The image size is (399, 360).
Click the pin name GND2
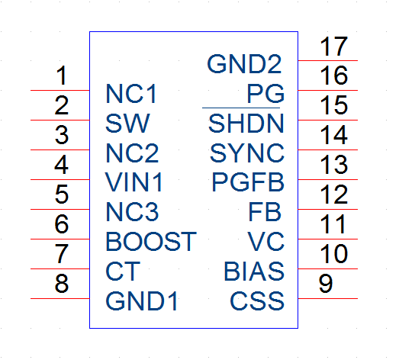pos(244,64)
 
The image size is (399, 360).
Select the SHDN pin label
pos(246,124)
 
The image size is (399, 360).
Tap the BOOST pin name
pos(151,242)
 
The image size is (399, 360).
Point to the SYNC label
pos(247,153)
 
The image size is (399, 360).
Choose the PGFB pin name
pos(248,182)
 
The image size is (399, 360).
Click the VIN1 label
pos(134,182)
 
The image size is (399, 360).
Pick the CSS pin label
pos(257,301)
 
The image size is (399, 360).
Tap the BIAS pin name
pos(254,272)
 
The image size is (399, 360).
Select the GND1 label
pos(141,301)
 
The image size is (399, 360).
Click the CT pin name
pos(123,272)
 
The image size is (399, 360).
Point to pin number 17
pos(333,47)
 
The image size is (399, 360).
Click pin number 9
pos(326,284)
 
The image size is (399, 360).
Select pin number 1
pos(62,76)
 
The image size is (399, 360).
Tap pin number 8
pos(62,284)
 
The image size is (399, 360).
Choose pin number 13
pos(333,165)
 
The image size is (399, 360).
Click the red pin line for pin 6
pos(60,239)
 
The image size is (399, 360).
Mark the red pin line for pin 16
pos(328,90)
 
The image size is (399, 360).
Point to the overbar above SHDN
pos(241,108)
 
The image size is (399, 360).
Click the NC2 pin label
pos(132,153)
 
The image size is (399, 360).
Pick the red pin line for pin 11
pos(328,239)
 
